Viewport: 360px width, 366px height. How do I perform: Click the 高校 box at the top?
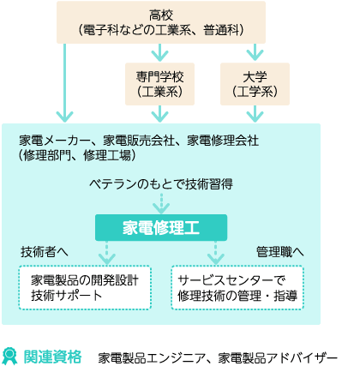[x=161, y=22]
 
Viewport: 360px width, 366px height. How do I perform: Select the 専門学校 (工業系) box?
[x=159, y=84]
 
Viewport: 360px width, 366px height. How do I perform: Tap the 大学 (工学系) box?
[x=255, y=84]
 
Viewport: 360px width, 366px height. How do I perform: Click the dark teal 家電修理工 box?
[x=161, y=227]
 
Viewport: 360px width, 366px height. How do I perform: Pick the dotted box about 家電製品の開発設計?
[x=85, y=288]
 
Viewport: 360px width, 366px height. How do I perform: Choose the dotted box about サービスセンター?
[x=237, y=288]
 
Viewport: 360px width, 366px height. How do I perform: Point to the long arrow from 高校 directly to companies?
[x=65, y=83]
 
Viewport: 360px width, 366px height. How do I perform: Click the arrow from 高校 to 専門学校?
[x=159, y=52]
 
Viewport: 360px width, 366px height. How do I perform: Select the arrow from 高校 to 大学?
[x=255, y=52]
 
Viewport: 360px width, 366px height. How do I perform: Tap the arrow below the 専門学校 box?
[x=159, y=114]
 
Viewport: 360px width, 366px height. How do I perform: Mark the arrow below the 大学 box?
[x=255, y=114]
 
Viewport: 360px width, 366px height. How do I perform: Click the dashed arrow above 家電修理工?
[x=161, y=203]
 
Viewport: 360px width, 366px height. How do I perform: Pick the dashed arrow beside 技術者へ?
[x=107, y=253]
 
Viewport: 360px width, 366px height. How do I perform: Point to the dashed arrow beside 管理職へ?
[x=216, y=253]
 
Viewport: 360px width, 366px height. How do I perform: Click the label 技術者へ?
[x=45, y=252]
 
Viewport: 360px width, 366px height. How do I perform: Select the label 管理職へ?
[x=280, y=252]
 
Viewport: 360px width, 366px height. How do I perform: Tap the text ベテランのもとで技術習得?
[x=161, y=184]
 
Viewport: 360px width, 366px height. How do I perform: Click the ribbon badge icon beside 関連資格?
[x=9, y=356]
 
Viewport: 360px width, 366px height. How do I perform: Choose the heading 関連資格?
[x=52, y=357]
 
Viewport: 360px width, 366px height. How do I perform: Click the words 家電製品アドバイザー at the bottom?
[x=278, y=357]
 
